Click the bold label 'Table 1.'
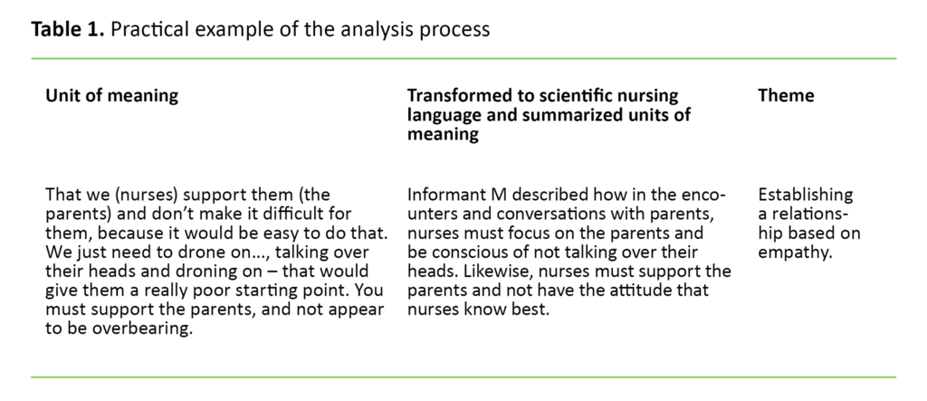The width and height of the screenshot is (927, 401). (x=66, y=29)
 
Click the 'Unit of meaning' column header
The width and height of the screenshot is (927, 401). (x=111, y=96)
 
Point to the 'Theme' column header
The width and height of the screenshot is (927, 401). (x=786, y=96)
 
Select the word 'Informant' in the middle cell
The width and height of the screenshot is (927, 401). (x=449, y=195)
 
